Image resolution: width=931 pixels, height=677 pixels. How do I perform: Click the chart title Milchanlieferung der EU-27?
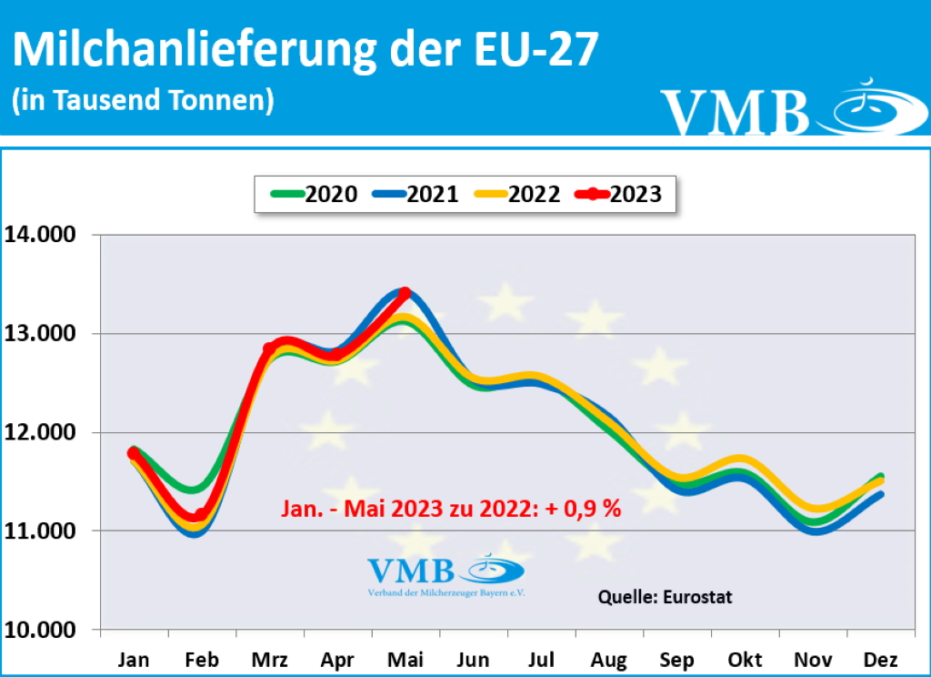click(305, 49)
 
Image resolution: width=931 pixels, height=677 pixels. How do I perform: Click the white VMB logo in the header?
click(781, 108)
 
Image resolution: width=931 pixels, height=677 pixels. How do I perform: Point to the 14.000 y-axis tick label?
click(45, 235)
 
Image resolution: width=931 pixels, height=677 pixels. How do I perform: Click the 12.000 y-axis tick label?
click(45, 432)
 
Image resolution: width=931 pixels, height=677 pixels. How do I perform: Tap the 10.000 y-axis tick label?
click(45, 630)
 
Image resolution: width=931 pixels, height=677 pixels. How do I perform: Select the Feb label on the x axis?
click(202, 660)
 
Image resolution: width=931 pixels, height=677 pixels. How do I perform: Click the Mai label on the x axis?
click(405, 660)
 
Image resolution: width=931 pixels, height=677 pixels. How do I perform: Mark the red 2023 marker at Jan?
click(134, 453)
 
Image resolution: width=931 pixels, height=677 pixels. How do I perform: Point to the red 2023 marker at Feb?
click(201, 514)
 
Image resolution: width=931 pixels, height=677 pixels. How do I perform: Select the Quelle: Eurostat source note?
click(665, 598)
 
